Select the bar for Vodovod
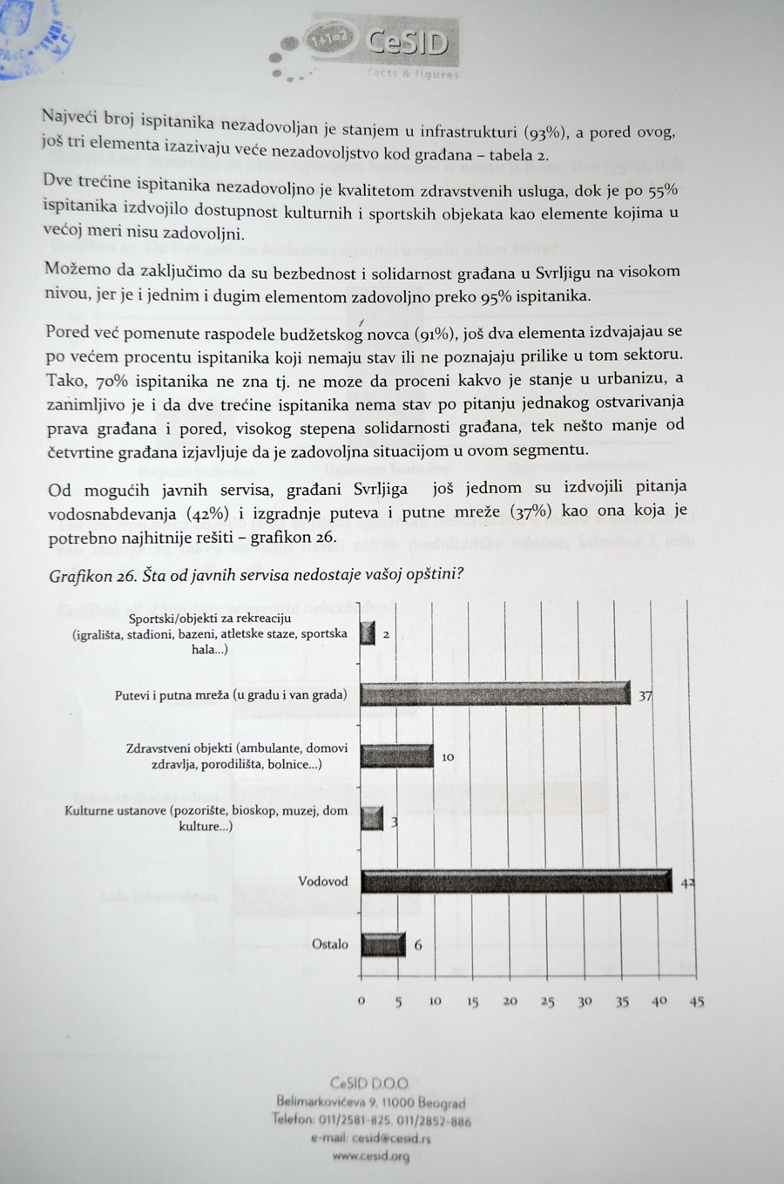pos(516,881)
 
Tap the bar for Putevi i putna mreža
pos(494,694)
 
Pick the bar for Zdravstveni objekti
pos(396,755)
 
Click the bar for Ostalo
pos(382,944)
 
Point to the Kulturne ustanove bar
pos(372,819)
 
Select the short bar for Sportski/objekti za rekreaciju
pos(368,633)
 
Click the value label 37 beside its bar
pos(645,696)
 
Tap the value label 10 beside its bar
pos(448,757)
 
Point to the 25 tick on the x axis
pos(547,1002)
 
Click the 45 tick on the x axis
pos(697,1002)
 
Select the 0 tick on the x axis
pos(362,1001)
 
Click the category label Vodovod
pos(322,881)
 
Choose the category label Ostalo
pos(329,944)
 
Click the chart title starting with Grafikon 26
pos(255,575)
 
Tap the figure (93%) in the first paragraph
pos(545,132)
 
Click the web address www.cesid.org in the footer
pos(370,1156)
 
